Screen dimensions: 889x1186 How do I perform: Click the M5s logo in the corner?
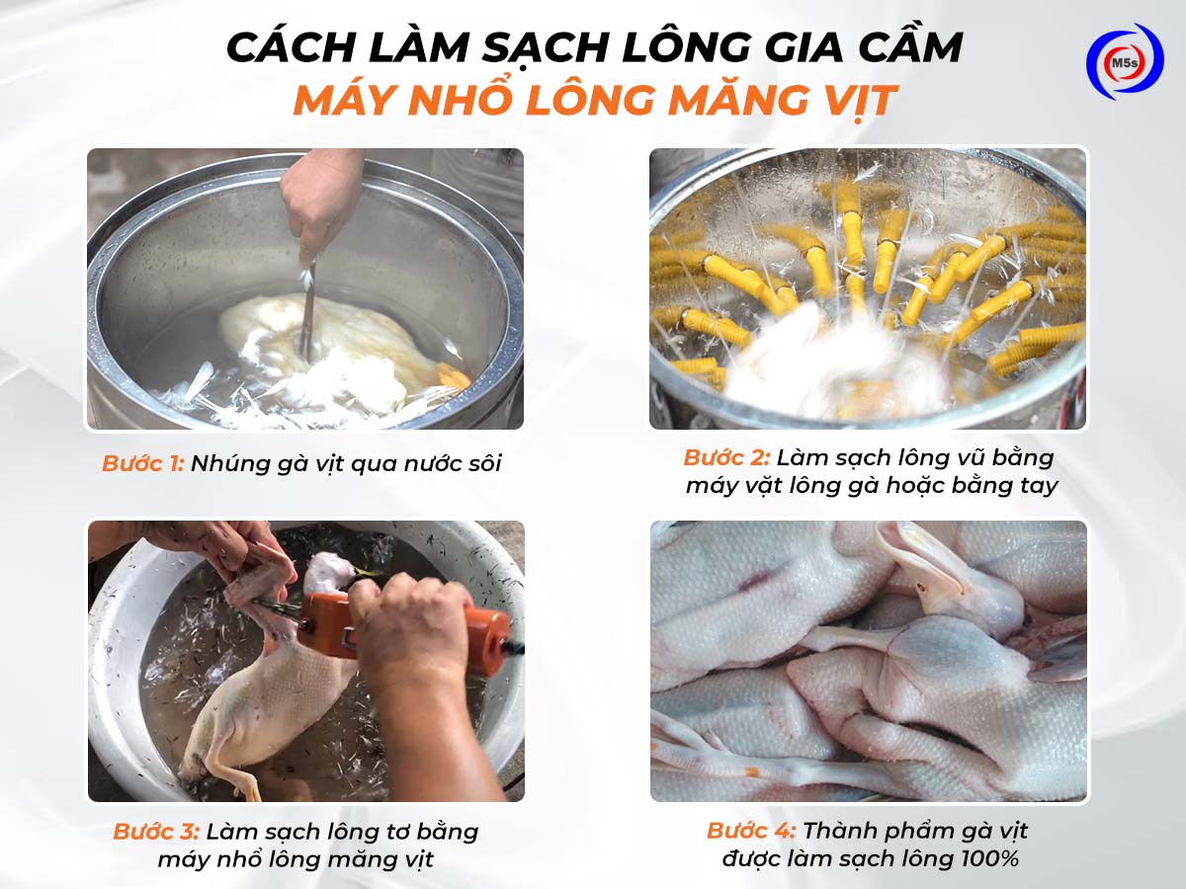tap(1124, 61)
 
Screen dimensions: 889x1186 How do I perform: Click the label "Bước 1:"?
tap(142, 463)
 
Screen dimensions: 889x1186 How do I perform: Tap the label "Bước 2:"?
tap(725, 458)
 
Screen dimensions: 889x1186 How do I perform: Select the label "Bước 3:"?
tap(156, 832)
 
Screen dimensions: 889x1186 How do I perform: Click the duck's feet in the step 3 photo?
tap(237, 775)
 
